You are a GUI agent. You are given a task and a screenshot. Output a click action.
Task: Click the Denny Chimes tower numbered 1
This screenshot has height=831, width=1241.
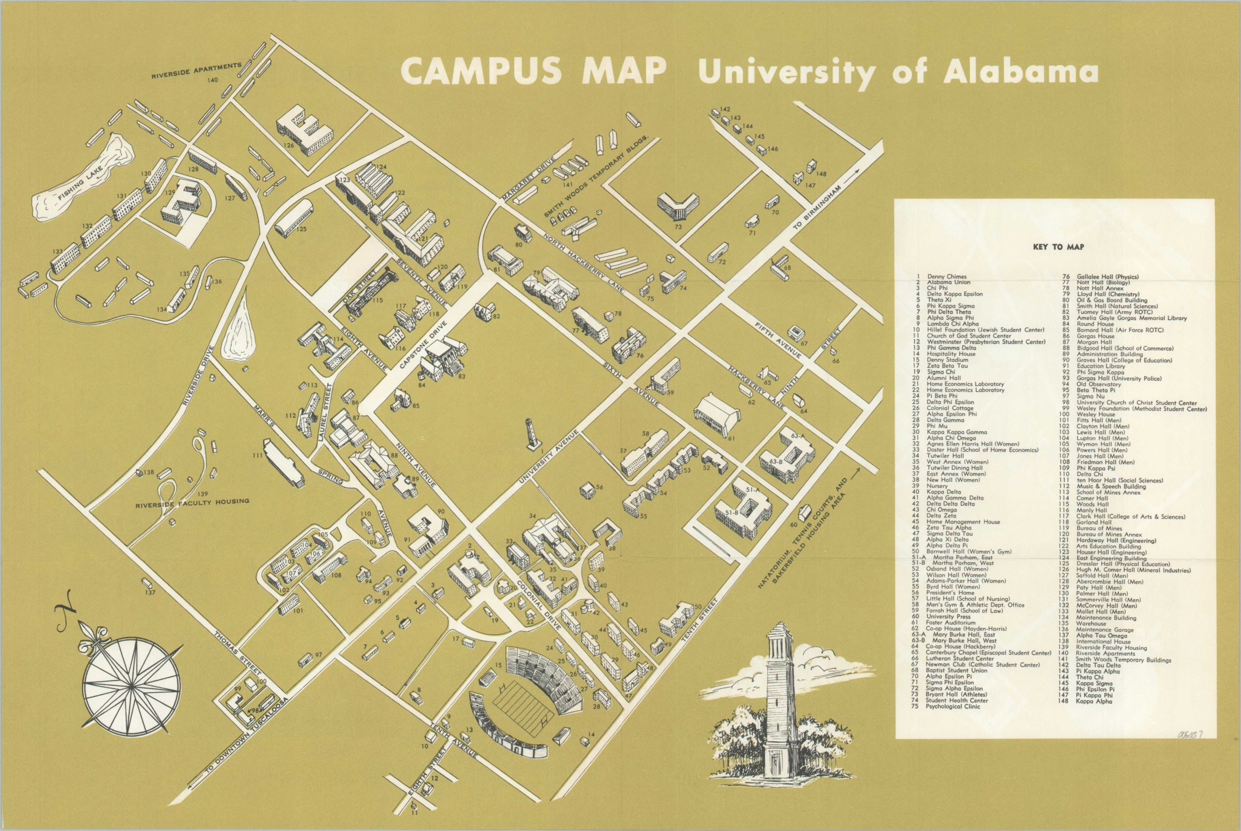pyautogui.click(x=531, y=434)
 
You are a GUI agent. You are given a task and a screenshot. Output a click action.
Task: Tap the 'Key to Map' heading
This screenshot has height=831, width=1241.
pyautogui.click(x=1058, y=246)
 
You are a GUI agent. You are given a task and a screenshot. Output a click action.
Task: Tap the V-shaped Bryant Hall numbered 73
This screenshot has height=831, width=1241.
pyautogui.click(x=678, y=206)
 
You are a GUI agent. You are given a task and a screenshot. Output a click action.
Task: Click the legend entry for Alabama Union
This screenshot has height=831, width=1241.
pyautogui.click(x=946, y=283)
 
